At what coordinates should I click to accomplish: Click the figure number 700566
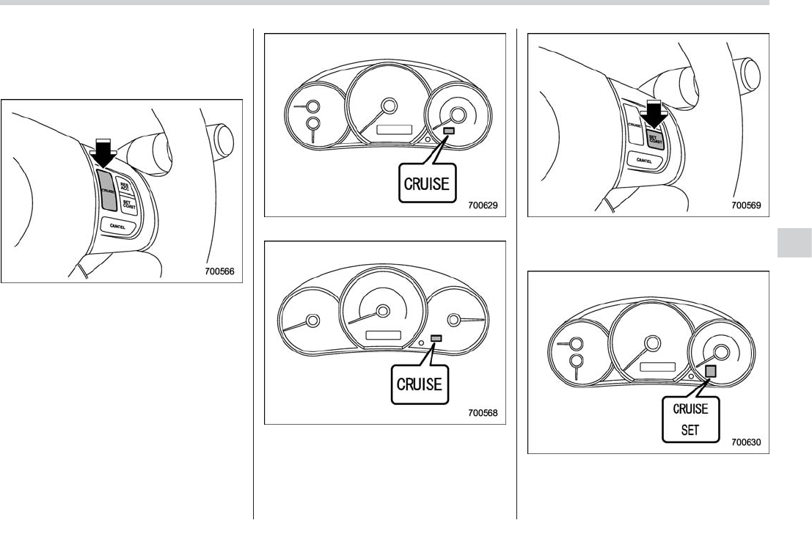tap(219, 270)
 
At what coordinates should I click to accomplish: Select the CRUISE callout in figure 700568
tap(419, 384)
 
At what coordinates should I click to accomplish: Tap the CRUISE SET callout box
tap(690, 420)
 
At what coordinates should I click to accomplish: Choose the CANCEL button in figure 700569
tap(644, 159)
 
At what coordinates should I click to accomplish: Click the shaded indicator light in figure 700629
tap(448, 131)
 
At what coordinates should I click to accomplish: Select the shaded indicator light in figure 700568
tap(436, 337)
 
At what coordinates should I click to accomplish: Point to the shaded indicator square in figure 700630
tap(710, 372)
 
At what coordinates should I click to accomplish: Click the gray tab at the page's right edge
tap(794, 242)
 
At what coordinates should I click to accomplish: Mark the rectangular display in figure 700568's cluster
tap(382, 335)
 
